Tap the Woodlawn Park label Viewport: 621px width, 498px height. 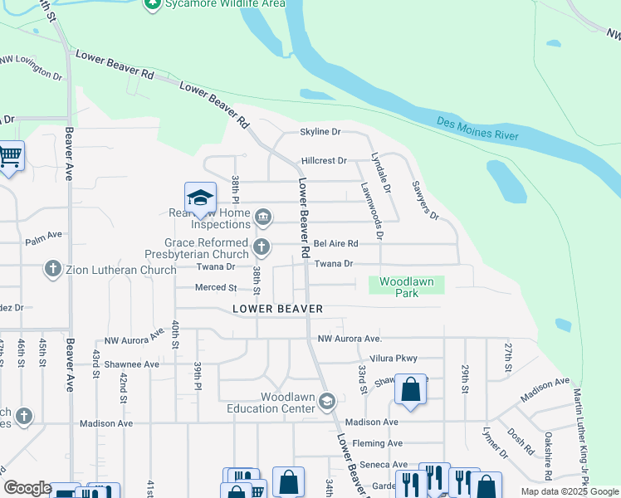tap(406, 287)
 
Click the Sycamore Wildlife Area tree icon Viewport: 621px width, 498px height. tap(152, 4)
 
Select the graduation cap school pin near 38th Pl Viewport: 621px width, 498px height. tap(200, 198)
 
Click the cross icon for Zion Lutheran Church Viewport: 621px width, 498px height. tap(52, 269)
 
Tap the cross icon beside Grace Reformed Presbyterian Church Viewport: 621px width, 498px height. tap(262, 246)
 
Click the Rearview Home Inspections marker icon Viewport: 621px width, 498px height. tap(262, 217)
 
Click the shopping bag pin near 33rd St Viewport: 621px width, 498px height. tap(410, 388)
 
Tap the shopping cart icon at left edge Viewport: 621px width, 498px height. tap(9, 155)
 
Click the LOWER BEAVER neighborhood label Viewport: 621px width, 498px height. tap(277, 309)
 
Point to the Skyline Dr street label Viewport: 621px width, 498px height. tap(320, 132)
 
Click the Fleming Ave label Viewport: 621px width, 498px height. tap(377, 443)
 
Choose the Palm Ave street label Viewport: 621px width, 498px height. tap(44, 236)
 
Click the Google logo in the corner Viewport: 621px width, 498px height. tap(27, 488)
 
